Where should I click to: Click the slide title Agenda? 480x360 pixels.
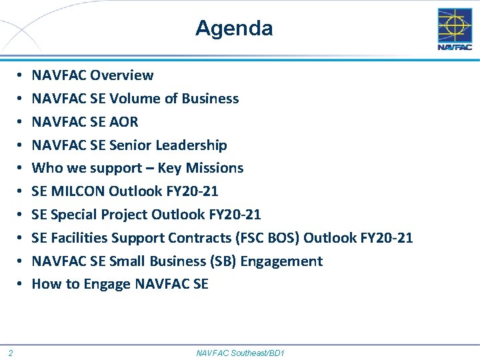pos(234,29)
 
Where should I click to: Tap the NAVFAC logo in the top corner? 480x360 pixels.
pos(454,29)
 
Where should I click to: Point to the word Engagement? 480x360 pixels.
pos(281,261)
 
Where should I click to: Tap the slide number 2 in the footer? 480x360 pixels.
pos(12,352)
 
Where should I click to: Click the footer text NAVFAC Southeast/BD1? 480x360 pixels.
pos(240,352)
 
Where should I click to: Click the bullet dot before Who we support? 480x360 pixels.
pos(20,169)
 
